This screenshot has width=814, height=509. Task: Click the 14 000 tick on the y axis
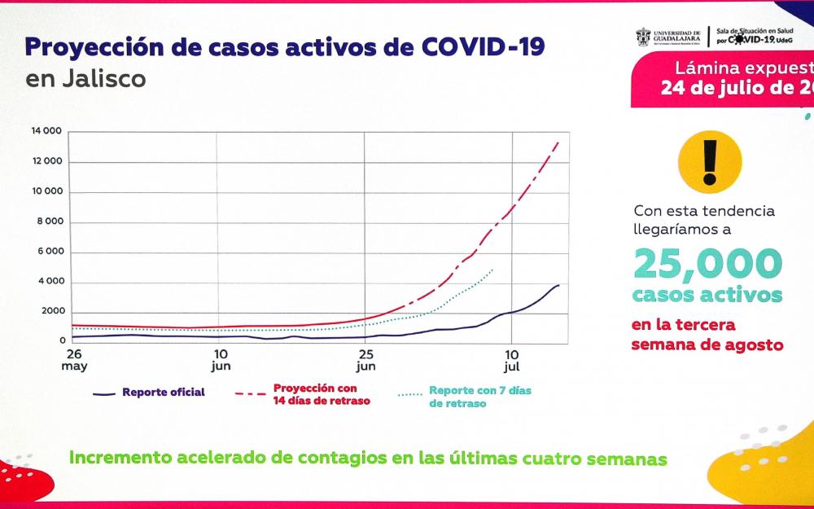pos(46,131)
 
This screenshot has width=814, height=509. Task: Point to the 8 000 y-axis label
pos(50,222)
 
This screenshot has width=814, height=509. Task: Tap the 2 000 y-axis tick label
pos(50,312)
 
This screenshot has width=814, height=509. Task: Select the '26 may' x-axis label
pos(74,359)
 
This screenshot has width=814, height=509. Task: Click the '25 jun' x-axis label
pos(365,359)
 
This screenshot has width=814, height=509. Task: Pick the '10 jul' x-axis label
pos(512,359)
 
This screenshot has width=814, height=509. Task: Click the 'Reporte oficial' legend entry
pos(163,393)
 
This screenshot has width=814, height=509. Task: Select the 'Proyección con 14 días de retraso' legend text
pos(314,395)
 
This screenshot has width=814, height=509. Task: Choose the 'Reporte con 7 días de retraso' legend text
pos(479,397)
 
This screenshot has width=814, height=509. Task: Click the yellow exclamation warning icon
pos(710,160)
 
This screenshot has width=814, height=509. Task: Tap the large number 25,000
pos(707,263)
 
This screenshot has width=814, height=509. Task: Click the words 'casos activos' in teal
pos(707,294)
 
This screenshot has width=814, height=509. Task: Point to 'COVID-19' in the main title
pos(484,46)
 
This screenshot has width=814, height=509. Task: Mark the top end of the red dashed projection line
pos(558,141)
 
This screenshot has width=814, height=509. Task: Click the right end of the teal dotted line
pos(493,268)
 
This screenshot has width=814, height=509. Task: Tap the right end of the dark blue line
pos(559,284)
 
